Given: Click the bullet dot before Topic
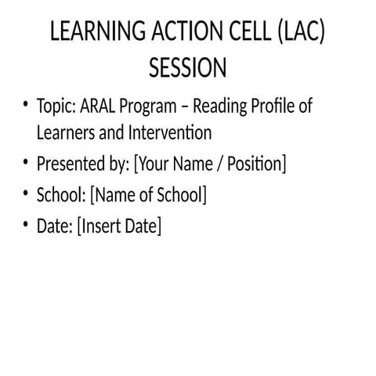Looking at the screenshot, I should pos(26,105).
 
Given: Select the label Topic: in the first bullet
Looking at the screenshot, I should pos(56,106).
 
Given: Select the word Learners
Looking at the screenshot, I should pos(65,132).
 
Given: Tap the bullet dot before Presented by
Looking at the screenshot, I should pos(26,163).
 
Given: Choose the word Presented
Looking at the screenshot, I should pos(70,164).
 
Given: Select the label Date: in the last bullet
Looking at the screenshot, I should pos(54,226).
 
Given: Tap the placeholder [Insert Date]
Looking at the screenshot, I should pos(119,226).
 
